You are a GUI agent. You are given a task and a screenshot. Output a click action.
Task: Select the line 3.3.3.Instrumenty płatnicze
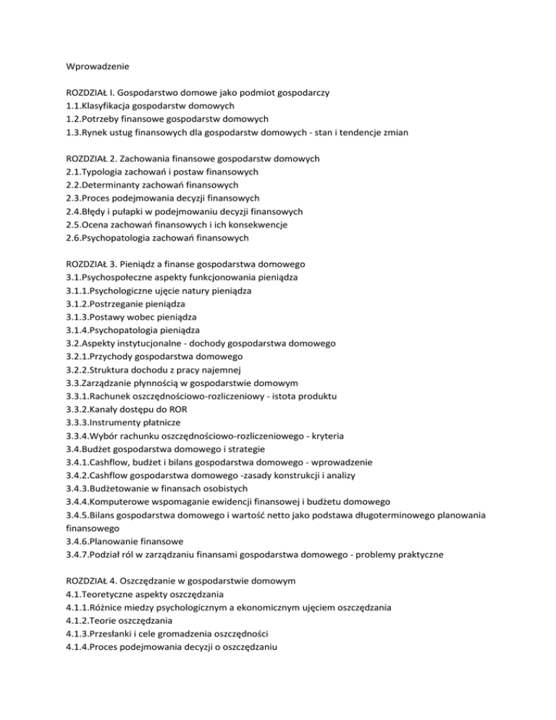point(123,422)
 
